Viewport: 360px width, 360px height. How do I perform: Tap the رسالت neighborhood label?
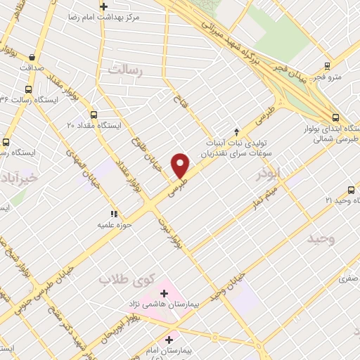pos(125,70)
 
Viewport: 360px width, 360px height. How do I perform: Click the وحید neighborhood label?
pos(321,239)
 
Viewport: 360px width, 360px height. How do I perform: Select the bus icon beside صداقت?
pos(31,58)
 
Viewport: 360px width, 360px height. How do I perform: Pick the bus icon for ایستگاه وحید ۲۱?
pos(351,190)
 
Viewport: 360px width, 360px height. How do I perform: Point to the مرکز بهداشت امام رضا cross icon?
pos(103,6)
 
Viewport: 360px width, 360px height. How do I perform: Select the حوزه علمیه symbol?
pos(112,214)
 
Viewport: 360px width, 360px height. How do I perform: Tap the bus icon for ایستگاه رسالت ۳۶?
pos(28,89)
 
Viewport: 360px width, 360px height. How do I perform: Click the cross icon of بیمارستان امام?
pos(169,340)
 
